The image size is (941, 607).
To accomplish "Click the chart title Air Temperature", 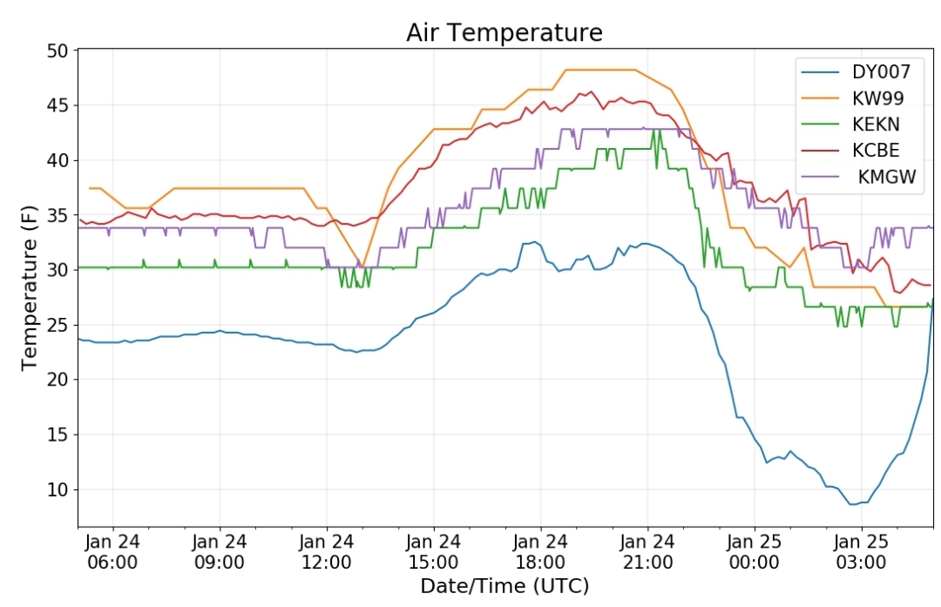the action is tap(504, 32).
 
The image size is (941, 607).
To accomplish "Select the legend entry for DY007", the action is tap(881, 72).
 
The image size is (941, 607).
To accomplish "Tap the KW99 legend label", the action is tap(878, 98).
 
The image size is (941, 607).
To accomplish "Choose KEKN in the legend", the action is tap(877, 125).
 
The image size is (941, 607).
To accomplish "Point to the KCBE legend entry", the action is tap(877, 150).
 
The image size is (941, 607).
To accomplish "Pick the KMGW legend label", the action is tap(887, 176).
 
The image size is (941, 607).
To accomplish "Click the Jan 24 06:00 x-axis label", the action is tap(112, 552).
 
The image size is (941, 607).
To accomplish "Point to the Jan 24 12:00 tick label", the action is tap(327, 552).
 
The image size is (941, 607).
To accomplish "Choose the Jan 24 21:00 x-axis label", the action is tap(647, 552).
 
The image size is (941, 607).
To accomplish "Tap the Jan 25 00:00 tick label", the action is tap(755, 552).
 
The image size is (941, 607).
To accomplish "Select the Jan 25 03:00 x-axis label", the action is tap(861, 552).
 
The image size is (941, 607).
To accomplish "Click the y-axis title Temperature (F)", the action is tap(29, 288).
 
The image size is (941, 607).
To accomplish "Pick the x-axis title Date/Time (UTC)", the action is tap(504, 585).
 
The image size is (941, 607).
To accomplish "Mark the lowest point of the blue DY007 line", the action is tap(852, 504).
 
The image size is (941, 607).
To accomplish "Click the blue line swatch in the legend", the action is tap(821, 72).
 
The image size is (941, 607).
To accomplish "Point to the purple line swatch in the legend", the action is tap(821, 176).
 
